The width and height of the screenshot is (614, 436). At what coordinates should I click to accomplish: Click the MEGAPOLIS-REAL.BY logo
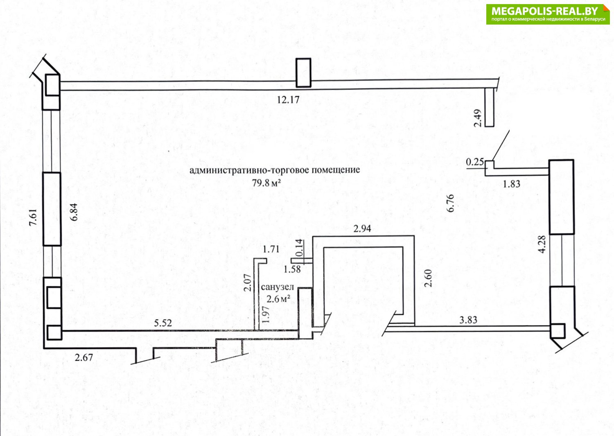point(548,14)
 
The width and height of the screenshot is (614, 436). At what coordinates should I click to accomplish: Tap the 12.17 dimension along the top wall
point(288,99)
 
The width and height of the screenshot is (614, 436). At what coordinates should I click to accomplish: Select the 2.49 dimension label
point(477,118)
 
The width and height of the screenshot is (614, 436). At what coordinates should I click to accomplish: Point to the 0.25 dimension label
point(475,163)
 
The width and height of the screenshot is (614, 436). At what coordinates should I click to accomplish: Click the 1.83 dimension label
point(511,184)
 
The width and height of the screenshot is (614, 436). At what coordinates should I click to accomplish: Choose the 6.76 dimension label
point(451,203)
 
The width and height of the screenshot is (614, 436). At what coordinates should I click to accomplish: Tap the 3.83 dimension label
point(468,320)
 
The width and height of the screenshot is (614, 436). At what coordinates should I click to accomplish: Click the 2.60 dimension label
point(428,278)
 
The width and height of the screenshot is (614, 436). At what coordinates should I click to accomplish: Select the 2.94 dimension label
point(362,228)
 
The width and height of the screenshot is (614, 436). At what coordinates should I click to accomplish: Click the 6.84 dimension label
point(74,212)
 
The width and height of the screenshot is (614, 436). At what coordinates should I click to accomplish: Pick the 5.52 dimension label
point(163,323)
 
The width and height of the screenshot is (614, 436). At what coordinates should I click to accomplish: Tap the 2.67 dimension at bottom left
point(84,357)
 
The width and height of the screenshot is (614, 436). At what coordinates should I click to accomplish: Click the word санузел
point(278,287)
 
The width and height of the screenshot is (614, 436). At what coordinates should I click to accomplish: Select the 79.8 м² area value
point(266,183)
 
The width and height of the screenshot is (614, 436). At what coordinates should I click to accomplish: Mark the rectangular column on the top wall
point(303,72)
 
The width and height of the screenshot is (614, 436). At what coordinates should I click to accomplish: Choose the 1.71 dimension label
point(271,248)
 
